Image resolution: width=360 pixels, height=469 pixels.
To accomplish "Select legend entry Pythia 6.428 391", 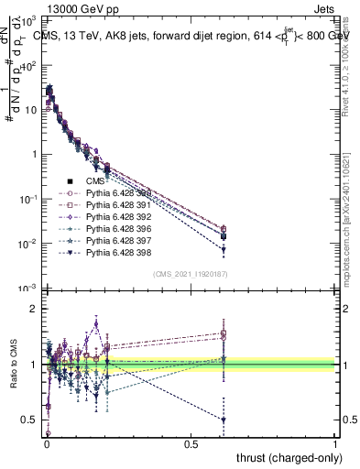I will (120, 204).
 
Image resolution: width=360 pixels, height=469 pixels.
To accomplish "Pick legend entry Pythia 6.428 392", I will (120, 216).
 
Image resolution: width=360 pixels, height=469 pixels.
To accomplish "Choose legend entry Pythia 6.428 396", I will (120, 228).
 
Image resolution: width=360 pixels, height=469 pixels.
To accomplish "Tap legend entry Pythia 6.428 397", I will (120, 240).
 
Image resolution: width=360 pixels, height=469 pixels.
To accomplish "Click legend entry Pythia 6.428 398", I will (120, 252).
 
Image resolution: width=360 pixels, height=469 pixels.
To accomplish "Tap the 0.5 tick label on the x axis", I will (191, 443).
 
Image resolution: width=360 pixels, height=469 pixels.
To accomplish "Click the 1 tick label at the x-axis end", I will (336, 443).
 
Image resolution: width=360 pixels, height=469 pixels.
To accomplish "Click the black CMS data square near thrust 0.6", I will (224, 236).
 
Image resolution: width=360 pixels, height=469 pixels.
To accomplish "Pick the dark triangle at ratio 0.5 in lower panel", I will (224, 420).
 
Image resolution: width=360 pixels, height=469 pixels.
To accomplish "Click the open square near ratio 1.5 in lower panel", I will (224, 334).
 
